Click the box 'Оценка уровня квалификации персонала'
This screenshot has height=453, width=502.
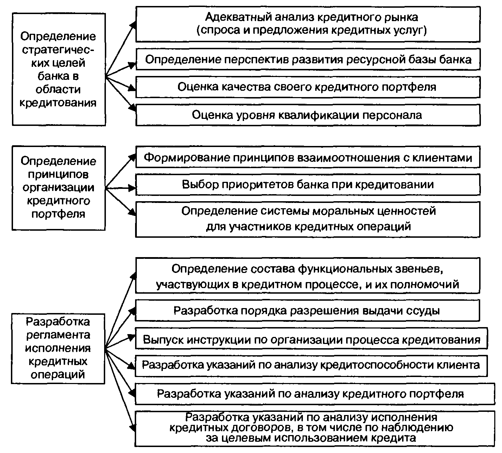point(308,115)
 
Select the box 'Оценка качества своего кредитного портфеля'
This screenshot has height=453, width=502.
point(308,87)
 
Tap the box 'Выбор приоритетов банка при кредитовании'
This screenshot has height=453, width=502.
point(308,184)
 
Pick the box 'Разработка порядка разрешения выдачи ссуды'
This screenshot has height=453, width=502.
point(308,311)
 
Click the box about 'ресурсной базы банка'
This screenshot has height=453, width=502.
point(308,59)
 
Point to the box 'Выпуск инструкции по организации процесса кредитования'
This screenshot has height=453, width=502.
point(311,339)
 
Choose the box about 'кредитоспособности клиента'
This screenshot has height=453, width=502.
point(311,365)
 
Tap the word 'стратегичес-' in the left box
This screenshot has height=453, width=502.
point(58,50)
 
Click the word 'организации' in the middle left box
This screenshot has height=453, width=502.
point(58,187)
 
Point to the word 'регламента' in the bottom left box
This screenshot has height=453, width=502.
point(58,335)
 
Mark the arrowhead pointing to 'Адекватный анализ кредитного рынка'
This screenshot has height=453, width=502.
point(133,24)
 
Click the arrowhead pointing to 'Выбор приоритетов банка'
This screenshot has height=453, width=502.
point(133,188)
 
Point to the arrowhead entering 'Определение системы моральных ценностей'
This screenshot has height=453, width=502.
point(133,212)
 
